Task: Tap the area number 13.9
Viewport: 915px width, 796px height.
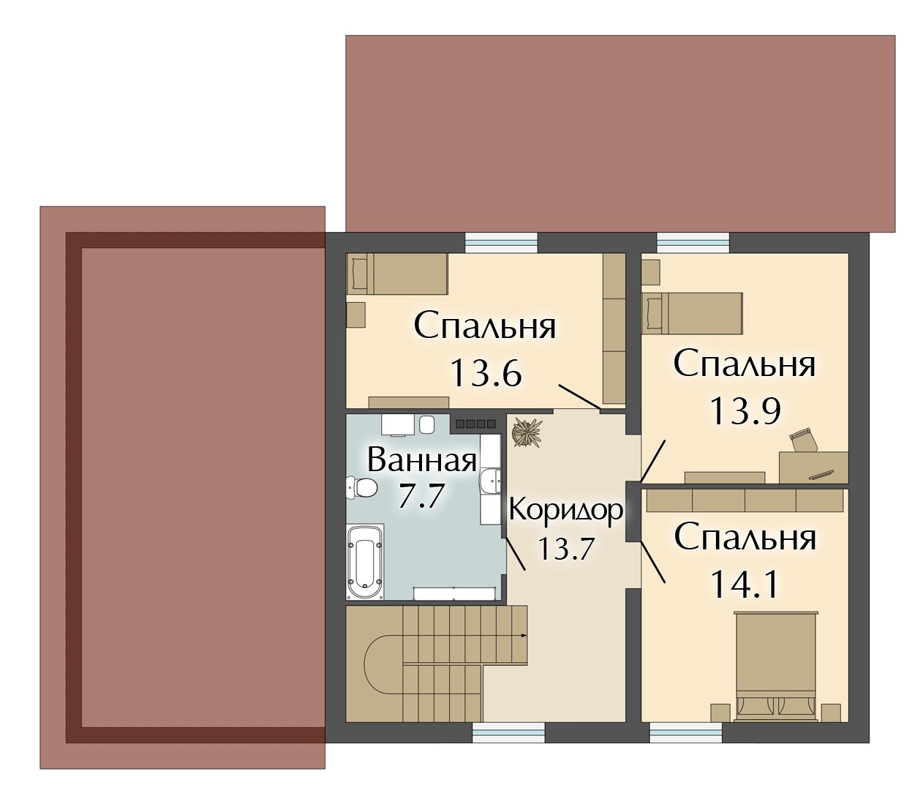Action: tap(745, 410)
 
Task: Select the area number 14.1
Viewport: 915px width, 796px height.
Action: tap(744, 585)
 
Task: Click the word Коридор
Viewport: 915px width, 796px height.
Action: tap(565, 510)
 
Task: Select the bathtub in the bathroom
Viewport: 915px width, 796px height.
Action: tap(365, 562)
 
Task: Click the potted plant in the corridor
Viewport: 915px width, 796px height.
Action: tap(527, 431)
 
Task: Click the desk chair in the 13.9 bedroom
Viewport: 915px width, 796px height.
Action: tap(803, 440)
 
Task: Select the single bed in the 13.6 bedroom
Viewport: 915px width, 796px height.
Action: tap(397, 274)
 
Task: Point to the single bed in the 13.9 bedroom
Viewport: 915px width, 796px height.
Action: tap(692, 313)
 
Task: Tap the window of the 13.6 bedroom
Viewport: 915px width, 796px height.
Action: tap(501, 244)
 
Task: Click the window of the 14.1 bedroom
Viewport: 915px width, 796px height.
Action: tap(686, 735)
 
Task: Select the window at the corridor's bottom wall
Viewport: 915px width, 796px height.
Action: tap(509, 735)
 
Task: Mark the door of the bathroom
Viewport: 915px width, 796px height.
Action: tap(515, 553)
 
